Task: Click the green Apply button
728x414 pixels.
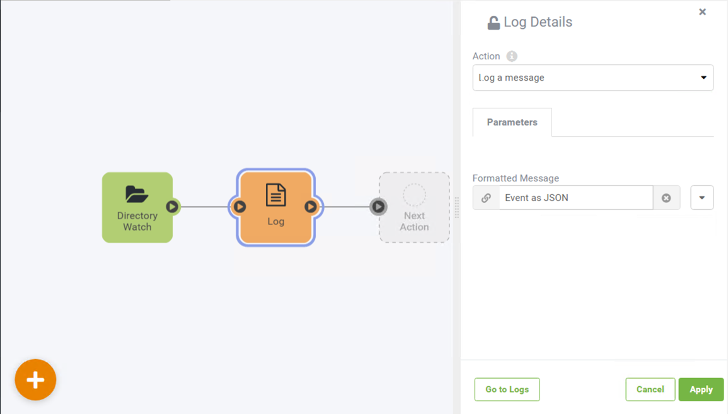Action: pyautogui.click(x=701, y=389)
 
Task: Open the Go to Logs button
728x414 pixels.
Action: pyautogui.click(x=507, y=389)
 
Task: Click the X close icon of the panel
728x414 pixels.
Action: pyautogui.click(x=702, y=12)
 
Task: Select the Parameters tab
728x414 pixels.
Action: pyautogui.click(x=512, y=122)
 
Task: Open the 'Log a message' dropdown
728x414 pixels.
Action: pyautogui.click(x=593, y=78)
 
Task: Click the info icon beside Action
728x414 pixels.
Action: pyautogui.click(x=512, y=56)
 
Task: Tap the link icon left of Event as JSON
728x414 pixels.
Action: pyautogui.click(x=486, y=198)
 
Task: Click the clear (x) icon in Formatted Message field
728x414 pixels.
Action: pyautogui.click(x=666, y=198)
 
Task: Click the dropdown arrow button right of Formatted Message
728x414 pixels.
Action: pyautogui.click(x=702, y=198)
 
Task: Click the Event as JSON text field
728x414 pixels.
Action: pyautogui.click(x=576, y=198)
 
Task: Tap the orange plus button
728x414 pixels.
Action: pyautogui.click(x=35, y=379)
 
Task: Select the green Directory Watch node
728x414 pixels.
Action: pyautogui.click(x=137, y=207)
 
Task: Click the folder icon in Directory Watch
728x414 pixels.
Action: pyautogui.click(x=137, y=194)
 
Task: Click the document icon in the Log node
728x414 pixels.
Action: pyautogui.click(x=276, y=195)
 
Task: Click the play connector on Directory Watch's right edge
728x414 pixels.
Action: pyautogui.click(x=172, y=207)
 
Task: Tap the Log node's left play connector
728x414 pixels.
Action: pyautogui.click(x=240, y=207)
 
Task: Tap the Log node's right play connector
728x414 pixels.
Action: pyautogui.click(x=311, y=207)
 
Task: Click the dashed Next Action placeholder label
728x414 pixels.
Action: pyautogui.click(x=414, y=221)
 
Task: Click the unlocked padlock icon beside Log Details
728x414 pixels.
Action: pyautogui.click(x=494, y=22)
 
